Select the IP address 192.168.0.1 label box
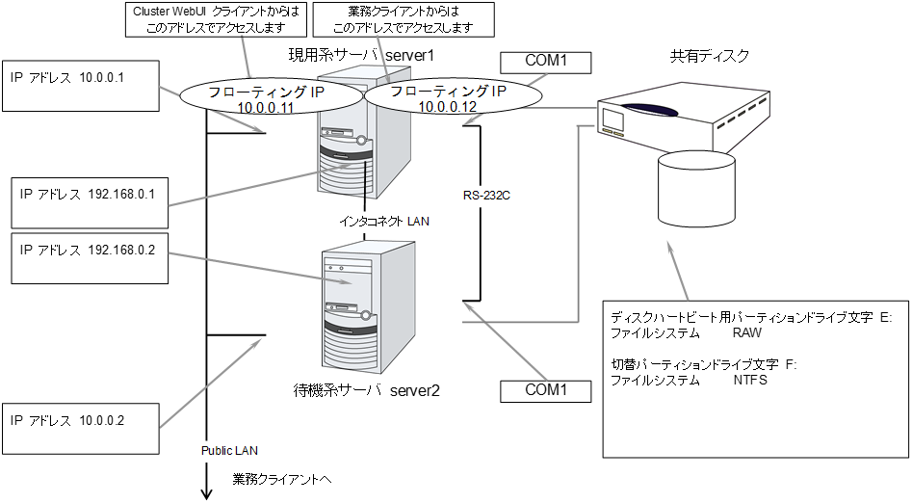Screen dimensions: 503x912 pos(87,202)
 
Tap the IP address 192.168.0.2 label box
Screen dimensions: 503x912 pos(87,257)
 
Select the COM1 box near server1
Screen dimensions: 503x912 pos(545,63)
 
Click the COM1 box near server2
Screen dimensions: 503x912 pos(545,391)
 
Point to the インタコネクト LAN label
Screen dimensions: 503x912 pos(383,222)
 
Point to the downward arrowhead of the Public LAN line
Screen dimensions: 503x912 pos(206,493)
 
